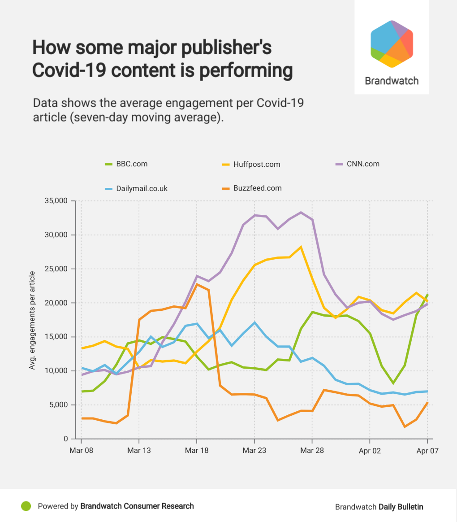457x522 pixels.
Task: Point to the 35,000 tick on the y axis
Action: click(x=55, y=201)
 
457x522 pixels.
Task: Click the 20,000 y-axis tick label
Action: click(x=55, y=303)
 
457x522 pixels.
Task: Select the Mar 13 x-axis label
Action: click(x=139, y=451)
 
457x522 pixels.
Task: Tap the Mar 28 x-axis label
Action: click(x=312, y=451)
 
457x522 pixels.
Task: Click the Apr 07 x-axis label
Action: click(x=427, y=451)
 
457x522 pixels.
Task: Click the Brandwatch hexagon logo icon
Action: click(x=392, y=44)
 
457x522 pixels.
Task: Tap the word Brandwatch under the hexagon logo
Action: click(x=392, y=81)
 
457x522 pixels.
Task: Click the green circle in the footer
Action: click(x=26, y=506)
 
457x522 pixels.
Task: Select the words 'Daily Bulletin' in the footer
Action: click(x=401, y=507)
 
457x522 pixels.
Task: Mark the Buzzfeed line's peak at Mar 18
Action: click(x=197, y=284)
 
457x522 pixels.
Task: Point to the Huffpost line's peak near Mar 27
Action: click(x=301, y=247)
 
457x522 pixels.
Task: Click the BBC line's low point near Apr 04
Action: click(x=393, y=383)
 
